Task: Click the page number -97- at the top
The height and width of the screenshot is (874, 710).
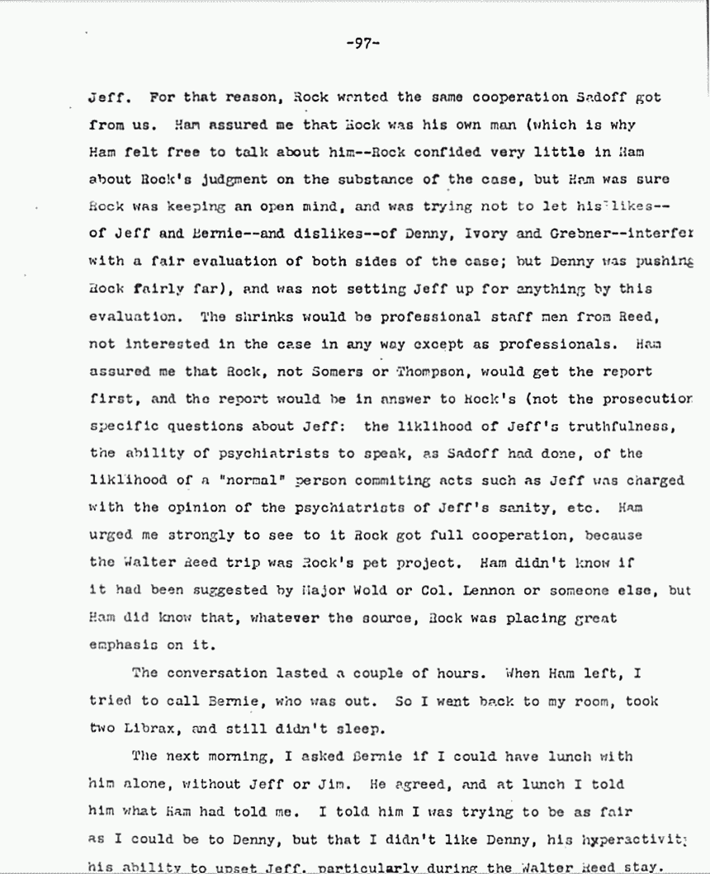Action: [362, 43]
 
